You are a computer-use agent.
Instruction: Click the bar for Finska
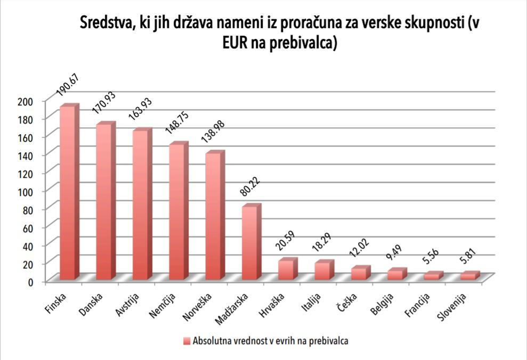point(68,192)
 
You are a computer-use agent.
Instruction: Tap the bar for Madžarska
point(249,242)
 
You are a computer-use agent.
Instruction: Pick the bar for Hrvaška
point(286,269)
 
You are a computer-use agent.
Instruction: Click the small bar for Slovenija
point(468,276)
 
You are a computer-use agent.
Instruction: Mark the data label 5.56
point(432,261)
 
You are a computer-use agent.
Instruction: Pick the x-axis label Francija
point(418,304)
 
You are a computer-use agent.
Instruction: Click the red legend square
point(186,341)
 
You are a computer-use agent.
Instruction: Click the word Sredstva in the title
point(103,23)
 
